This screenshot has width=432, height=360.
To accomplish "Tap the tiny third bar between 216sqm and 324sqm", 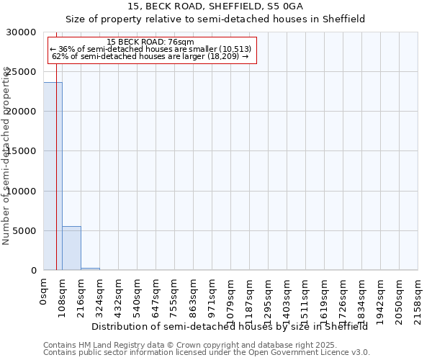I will (x=90, y=269).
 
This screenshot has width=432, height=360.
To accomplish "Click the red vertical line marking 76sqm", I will (x=56, y=180).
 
